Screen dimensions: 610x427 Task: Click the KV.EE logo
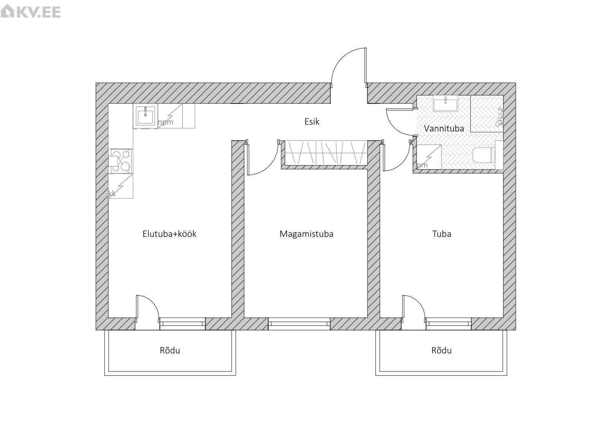[31, 11]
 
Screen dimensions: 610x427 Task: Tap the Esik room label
[312, 122]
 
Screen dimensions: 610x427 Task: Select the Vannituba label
[444, 128]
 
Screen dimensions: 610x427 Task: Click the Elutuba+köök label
[169, 234]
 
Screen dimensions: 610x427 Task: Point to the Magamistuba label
[307, 234]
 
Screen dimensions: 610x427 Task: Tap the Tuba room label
[442, 234]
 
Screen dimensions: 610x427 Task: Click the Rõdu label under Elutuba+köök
[170, 350]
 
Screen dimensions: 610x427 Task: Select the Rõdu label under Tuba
[441, 350]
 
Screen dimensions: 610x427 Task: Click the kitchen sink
[146, 116]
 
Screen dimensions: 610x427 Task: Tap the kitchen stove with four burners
[121, 161]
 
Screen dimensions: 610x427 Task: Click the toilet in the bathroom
[484, 155]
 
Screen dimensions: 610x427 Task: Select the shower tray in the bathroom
[487, 114]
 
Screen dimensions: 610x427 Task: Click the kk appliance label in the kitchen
[112, 194]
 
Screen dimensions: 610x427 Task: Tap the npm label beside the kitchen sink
[166, 122]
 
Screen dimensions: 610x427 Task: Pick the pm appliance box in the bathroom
[429, 157]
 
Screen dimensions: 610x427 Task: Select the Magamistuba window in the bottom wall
[299, 324]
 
